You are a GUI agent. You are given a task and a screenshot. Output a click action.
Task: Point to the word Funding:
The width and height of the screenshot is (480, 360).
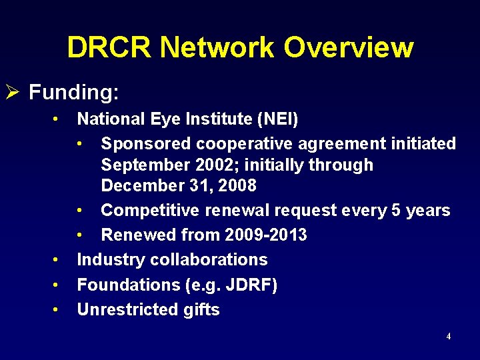[x=74, y=92]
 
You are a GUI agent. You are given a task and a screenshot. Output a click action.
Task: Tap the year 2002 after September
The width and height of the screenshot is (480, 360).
[x=213, y=165]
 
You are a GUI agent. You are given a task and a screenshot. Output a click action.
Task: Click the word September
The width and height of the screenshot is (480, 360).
[x=144, y=165]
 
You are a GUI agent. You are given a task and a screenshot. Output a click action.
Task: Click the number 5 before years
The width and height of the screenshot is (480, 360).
[x=396, y=210]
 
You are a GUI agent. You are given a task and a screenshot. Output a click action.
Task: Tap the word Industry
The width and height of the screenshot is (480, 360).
[x=107, y=259]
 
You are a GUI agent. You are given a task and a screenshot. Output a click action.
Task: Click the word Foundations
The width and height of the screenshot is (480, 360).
[x=127, y=285]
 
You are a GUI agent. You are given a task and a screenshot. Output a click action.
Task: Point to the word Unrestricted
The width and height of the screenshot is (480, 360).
[x=125, y=309]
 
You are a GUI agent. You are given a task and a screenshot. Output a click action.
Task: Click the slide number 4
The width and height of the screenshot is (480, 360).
[x=448, y=337]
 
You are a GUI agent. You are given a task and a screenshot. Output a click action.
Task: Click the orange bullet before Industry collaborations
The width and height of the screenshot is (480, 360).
[x=57, y=259]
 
